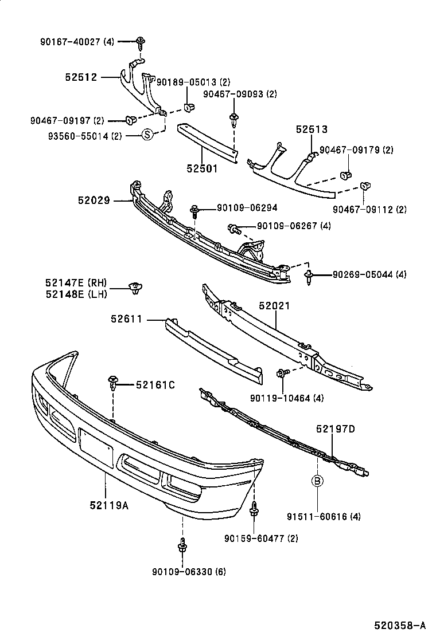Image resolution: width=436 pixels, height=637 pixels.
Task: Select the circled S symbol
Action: [x=147, y=135]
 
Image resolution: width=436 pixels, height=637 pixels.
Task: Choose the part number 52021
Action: [x=274, y=306]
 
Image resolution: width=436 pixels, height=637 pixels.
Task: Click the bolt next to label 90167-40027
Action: [x=140, y=41]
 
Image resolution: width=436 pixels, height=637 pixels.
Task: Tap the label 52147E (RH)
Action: [x=76, y=282]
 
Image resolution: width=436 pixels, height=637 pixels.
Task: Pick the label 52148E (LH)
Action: [x=76, y=294]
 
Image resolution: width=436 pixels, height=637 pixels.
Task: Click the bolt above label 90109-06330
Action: [x=182, y=545]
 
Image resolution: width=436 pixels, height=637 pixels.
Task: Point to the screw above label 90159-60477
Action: [x=254, y=509]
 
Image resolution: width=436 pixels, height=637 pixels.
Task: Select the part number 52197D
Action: [x=335, y=428]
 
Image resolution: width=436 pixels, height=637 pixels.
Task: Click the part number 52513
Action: [x=312, y=129]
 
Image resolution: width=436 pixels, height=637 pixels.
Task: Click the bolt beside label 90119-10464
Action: [x=281, y=373]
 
